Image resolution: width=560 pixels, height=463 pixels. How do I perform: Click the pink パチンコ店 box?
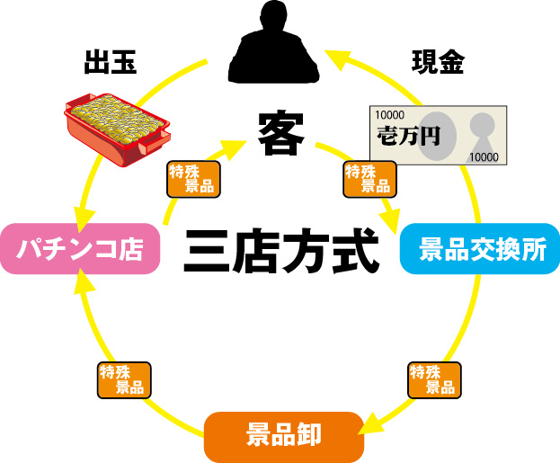click(x=81, y=249)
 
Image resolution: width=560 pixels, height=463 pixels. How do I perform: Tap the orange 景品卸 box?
click(x=283, y=435)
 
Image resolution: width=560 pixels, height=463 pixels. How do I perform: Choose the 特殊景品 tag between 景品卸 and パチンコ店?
click(x=123, y=380)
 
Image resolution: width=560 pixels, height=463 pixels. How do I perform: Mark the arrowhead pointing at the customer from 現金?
click(x=333, y=60)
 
